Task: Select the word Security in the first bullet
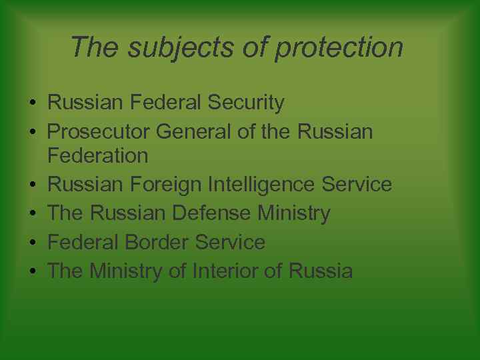(246, 103)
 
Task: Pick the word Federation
(98, 155)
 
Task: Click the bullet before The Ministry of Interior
(32, 272)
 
